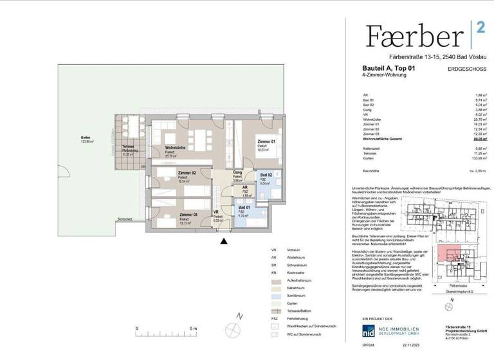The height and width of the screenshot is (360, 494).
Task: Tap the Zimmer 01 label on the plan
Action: tap(266, 141)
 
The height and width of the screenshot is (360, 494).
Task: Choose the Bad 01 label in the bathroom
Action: tap(244, 208)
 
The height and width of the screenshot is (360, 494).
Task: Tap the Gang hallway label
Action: tap(237, 172)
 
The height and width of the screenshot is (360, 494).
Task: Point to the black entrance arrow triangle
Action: tap(223, 242)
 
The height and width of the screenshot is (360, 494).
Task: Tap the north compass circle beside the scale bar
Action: tap(233, 328)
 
